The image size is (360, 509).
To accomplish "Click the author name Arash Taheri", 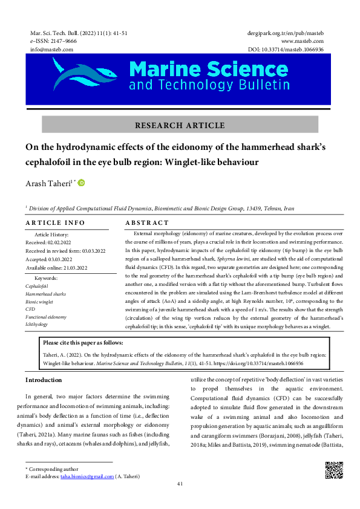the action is point(47,184).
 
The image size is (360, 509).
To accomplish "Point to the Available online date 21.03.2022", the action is point(57,267).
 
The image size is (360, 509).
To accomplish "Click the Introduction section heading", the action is point(44,380).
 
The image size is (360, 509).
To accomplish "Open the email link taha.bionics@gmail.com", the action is point(87,476).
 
